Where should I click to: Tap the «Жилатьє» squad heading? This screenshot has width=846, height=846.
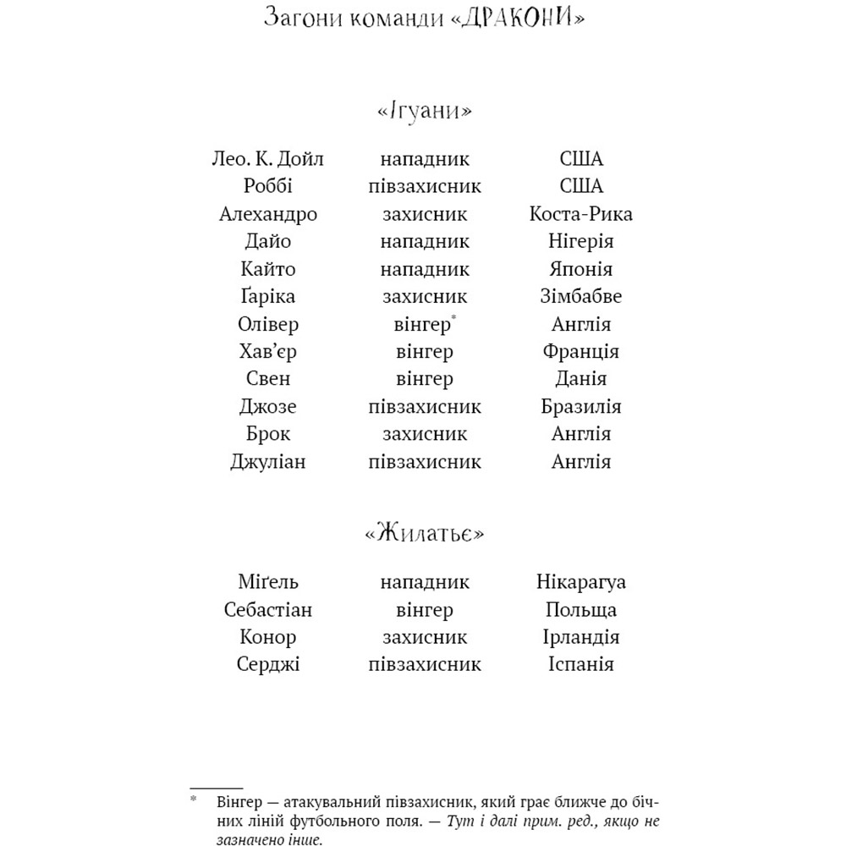(424, 536)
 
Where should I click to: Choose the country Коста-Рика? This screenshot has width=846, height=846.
(580, 214)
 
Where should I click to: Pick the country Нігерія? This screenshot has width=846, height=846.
(580, 241)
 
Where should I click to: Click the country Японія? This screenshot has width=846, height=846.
(580, 269)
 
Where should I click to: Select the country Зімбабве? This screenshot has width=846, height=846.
(580, 297)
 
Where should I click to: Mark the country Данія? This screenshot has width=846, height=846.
(580, 379)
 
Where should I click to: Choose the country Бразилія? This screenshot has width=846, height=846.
(580, 407)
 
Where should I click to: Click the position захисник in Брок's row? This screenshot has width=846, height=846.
(424, 434)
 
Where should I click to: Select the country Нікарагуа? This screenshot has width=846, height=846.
(580, 582)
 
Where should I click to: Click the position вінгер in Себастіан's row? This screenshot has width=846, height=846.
(424, 610)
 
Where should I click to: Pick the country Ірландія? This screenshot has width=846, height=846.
(580, 637)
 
